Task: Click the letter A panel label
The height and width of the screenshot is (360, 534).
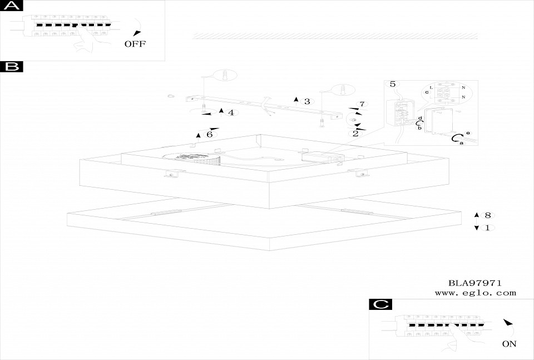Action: (x=11, y=6)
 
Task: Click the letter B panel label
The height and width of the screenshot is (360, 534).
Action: (x=11, y=67)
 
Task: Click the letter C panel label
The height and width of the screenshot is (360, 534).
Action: (x=380, y=304)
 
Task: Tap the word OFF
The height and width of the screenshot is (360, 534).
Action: (x=135, y=44)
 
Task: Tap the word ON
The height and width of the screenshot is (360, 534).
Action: (x=509, y=344)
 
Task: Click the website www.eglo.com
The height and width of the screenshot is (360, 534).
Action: (x=475, y=293)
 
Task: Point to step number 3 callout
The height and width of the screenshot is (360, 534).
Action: (x=306, y=101)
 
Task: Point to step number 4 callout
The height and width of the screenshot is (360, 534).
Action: (x=230, y=113)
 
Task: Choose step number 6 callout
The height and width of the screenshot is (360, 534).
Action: (x=209, y=134)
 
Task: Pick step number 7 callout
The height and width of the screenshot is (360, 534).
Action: (x=362, y=104)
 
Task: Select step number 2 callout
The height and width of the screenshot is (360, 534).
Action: (x=355, y=133)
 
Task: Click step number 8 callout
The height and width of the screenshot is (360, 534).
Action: (x=487, y=215)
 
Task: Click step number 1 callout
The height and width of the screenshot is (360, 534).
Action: (x=487, y=228)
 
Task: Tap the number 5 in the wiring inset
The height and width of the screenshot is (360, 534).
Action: (x=392, y=84)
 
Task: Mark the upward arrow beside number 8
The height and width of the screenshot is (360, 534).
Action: (x=476, y=215)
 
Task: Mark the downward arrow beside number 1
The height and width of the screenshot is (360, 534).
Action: (x=476, y=228)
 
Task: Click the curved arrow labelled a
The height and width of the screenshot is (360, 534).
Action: (x=457, y=138)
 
